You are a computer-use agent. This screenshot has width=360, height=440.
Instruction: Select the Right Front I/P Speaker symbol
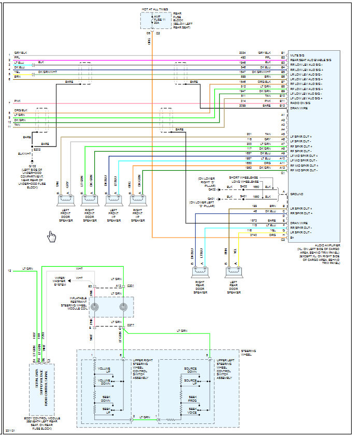tap(137, 199)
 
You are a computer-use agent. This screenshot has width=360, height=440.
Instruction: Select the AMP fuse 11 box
tap(156, 20)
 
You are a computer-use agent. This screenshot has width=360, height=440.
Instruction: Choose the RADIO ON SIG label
tap(302, 103)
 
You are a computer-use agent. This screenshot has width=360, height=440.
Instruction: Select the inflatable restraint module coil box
tap(109, 307)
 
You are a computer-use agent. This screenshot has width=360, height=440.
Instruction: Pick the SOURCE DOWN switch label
tap(190, 370)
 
